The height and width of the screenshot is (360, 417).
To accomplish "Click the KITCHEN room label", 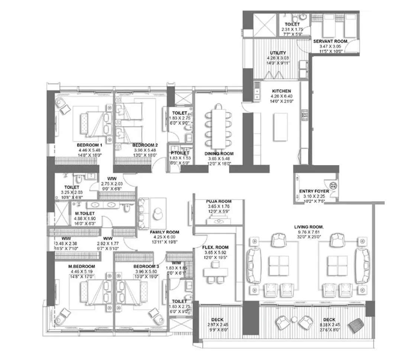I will coord(281,91).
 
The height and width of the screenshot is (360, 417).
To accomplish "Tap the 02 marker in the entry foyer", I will coord(333,185).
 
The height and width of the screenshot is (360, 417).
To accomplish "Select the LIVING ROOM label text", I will coord(308,226).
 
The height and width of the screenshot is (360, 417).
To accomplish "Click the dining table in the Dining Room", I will coord(219,124).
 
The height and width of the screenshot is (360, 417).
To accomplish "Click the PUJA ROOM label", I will coord(219,202).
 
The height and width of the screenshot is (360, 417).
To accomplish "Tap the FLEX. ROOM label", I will coord(215,247).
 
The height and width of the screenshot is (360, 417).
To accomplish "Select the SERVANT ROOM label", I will coord(330,41).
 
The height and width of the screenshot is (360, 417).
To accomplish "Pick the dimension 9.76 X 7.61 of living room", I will coord(308,231).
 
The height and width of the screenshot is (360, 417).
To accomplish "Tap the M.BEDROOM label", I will coord(82,267).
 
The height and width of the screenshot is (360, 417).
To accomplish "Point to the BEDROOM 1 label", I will coord(89,145).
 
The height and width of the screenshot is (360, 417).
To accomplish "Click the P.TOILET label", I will coord(180,153).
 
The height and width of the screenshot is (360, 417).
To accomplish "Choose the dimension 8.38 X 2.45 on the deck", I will coord(329,325).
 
